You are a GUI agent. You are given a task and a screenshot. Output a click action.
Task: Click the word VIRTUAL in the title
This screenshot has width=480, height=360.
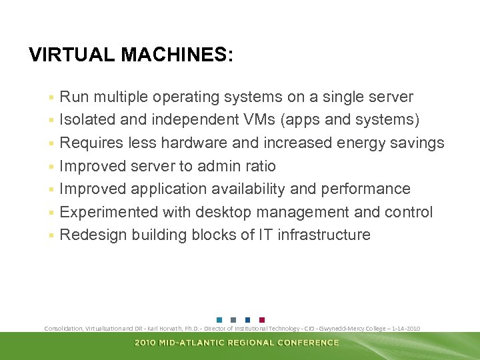[72, 55]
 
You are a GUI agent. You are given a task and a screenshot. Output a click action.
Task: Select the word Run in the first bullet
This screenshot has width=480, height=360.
[74, 97]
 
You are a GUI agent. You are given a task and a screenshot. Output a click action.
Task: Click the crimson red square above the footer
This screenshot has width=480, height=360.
[261, 319]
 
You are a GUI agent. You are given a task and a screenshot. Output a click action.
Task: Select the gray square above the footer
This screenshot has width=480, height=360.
[233, 319]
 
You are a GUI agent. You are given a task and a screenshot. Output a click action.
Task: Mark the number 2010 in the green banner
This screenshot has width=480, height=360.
[146, 343]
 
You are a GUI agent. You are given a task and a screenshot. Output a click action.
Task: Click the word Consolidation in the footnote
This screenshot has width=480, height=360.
[63, 329]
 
